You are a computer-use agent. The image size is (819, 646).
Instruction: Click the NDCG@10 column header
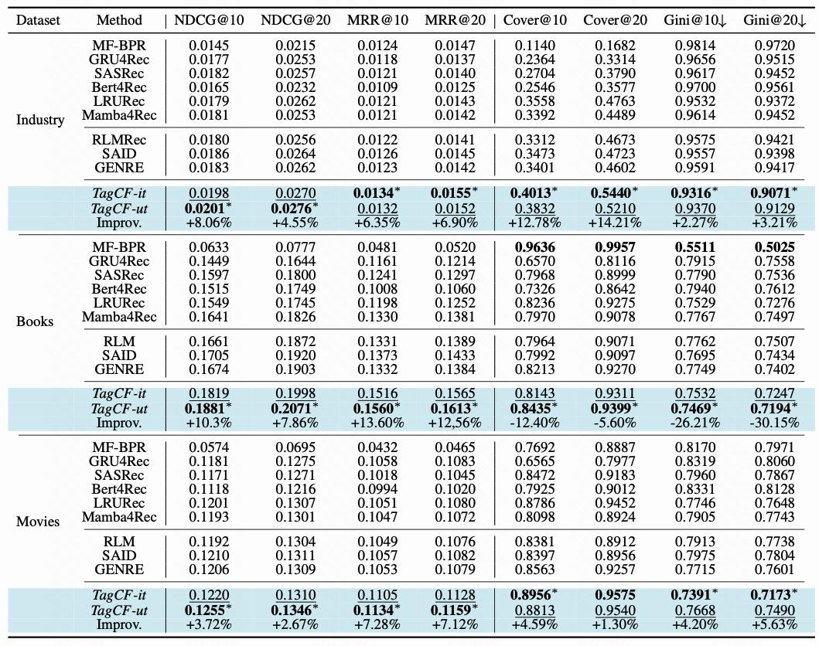(x=209, y=19)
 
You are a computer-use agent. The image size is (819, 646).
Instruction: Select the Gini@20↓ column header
(x=774, y=19)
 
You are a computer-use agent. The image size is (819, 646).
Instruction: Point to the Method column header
(x=120, y=19)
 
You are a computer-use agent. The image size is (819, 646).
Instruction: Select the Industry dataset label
(x=40, y=120)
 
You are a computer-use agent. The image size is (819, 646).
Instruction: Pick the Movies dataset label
(x=38, y=522)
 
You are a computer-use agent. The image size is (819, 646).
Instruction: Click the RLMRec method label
(x=120, y=140)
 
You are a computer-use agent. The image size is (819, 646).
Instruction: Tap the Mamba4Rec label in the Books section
(x=120, y=317)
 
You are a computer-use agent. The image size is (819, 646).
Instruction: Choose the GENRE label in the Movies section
(x=120, y=569)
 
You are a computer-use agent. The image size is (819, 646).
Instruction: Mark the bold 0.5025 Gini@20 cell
(x=774, y=247)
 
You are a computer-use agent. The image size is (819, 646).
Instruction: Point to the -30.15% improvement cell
(x=774, y=423)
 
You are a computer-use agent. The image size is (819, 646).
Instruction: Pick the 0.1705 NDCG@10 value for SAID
(x=209, y=355)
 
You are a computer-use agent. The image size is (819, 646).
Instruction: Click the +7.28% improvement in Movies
(x=377, y=624)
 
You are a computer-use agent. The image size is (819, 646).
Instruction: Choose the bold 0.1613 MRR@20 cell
(x=450, y=409)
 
